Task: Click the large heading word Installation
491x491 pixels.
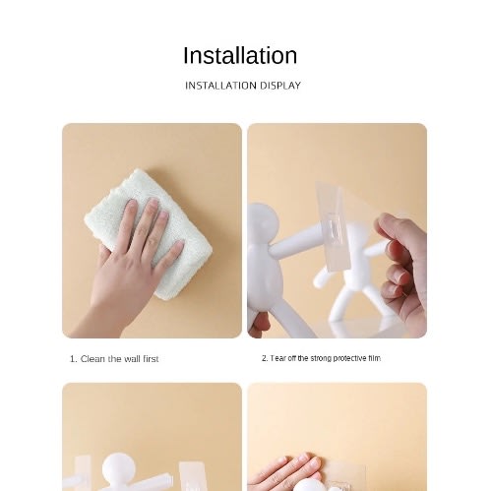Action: [240, 55]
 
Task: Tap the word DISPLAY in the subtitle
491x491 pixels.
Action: [280, 86]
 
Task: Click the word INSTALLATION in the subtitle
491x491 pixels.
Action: [220, 86]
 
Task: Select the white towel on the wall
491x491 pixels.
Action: [149, 233]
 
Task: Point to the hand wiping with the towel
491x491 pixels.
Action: [131, 263]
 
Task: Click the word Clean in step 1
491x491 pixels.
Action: [92, 359]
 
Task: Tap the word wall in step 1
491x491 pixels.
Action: [131, 359]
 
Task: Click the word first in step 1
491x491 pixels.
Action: [151, 359]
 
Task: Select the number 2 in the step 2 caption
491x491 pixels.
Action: [264, 358]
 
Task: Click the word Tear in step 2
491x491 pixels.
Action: [278, 358]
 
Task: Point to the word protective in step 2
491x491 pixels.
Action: [349, 358]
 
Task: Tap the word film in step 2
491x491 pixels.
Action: [374, 358]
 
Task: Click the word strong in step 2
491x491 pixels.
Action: [321, 358]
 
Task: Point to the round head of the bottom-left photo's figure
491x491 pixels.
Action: [118, 469]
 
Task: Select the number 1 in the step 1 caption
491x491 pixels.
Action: [72, 359]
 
